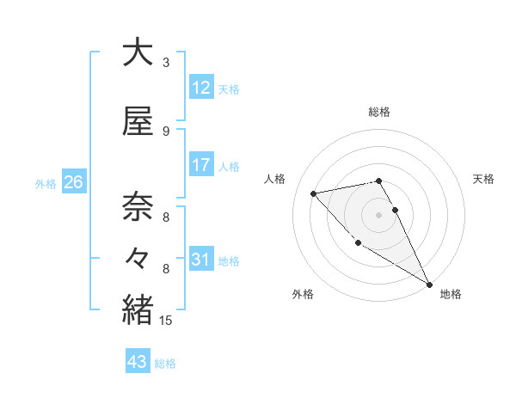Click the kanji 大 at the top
coord(138,52)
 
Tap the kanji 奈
coord(138,207)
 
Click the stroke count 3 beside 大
coord(166,63)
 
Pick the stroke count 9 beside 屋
coord(166,132)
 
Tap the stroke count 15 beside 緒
coord(166,321)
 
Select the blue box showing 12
coord(201,88)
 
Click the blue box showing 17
coord(201,165)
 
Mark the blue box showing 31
coord(201,260)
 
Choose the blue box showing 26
coord(73,182)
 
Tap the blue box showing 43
coord(138,363)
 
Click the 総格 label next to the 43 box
coord(165,364)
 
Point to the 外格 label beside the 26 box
coord(46,183)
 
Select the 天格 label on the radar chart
coord(484,179)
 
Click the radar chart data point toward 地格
coord(429,285)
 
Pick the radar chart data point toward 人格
coord(314,193)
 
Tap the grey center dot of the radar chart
coord(378,215)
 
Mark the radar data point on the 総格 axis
coord(378,181)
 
